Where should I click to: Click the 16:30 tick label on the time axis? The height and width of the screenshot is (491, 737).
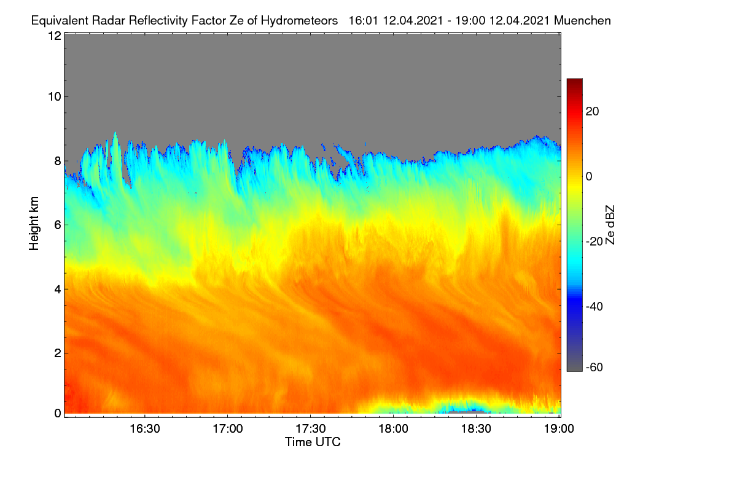coord(145,429)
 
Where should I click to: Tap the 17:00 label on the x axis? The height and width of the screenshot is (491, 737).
coord(228,429)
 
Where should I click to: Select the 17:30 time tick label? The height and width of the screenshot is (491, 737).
coord(311,429)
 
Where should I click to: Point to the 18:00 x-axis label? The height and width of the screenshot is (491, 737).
coord(393,429)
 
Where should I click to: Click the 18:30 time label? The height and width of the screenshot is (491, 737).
coord(476,429)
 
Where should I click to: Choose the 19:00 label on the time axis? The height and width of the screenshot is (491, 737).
coord(559,429)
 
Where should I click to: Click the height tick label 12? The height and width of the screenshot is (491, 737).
coord(55,36)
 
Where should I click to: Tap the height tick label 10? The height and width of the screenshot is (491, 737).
coord(55,97)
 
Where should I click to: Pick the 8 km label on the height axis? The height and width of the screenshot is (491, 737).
coord(58,161)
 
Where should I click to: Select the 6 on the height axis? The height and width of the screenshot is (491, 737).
coord(58,225)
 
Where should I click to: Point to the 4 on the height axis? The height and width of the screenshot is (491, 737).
coord(58,290)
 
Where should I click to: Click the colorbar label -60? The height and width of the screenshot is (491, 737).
coord(595,368)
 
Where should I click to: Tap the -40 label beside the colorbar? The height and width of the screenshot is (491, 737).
coord(595,306)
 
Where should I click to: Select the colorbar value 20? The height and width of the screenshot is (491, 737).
coord(592,112)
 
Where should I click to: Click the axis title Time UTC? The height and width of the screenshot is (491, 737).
coord(313,442)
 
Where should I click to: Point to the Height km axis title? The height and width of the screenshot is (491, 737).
coord(34,223)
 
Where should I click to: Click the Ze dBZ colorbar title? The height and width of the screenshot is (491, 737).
coord(610,225)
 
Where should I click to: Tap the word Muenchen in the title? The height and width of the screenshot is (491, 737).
coord(582,20)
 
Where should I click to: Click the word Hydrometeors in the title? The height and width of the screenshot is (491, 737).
coord(300,21)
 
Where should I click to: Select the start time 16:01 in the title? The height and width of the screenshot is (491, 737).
coord(363,20)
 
